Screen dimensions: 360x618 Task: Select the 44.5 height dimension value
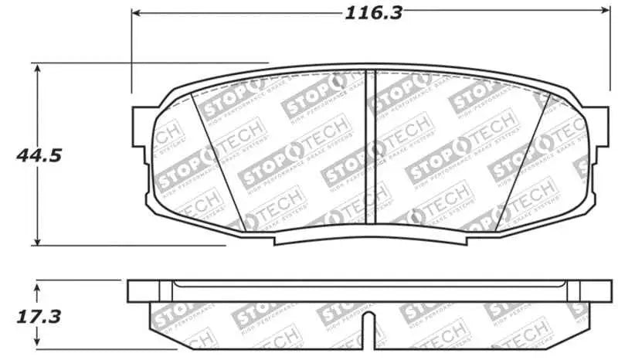tap(39, 155)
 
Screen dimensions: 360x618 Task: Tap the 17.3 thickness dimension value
tap(38, 317)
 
